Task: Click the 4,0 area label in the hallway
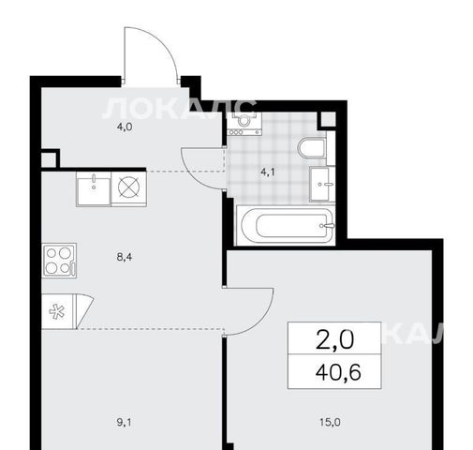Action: pyautogui.click(x=125, y=127)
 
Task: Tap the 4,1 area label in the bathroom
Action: pyautogui.click(x=268, y=172)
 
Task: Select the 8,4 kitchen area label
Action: pyautogui.click(x=125, y=257)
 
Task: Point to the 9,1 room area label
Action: pyautogui.click(x=125, y=423)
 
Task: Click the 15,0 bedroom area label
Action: pyautogui.click(x=330, y=422)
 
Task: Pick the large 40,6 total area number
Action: pyautogui.click(x=338, y=372)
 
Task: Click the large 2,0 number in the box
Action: pyautogui.click(x=335, y=339)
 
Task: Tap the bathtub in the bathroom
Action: pyautogui.click(x=286, y=225)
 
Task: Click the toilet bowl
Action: pyautogui.click(x=312, y=148)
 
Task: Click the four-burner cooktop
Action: pyautogui.click(x=59, y=261)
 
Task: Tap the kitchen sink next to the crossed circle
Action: pyautogui.click(x=94, y=189)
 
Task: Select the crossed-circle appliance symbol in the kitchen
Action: pyautogui.click(x=129, y=187)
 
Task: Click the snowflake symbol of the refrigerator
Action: pyautogui.click(x=57, y=311)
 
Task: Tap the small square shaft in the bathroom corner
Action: pyautogui.click(x=327, y=119)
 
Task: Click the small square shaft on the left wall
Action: pyautogui.click(x=49, y=159)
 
